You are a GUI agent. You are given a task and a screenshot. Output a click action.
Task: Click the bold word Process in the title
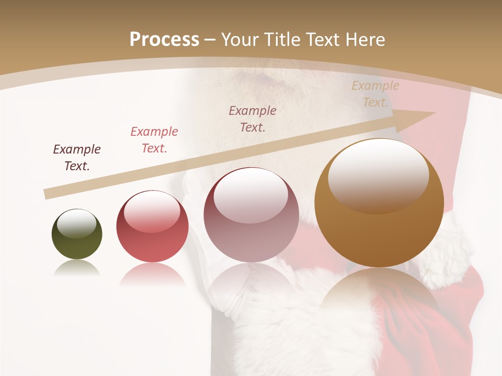[x=164, y=40]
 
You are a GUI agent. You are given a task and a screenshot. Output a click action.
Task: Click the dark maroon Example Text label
[x=77, y=158]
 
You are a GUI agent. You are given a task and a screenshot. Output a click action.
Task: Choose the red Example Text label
[x=154, y=140]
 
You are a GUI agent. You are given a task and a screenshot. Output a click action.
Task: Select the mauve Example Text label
[x=253, y=119]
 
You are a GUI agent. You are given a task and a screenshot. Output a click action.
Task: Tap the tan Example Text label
[x=375, y=94]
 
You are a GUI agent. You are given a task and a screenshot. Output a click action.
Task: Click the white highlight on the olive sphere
[x=76, y=224]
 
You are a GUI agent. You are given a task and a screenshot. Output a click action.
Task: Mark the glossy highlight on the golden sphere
[x=378, y=176]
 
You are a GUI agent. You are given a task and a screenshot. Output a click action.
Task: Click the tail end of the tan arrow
[x=48, y=194]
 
